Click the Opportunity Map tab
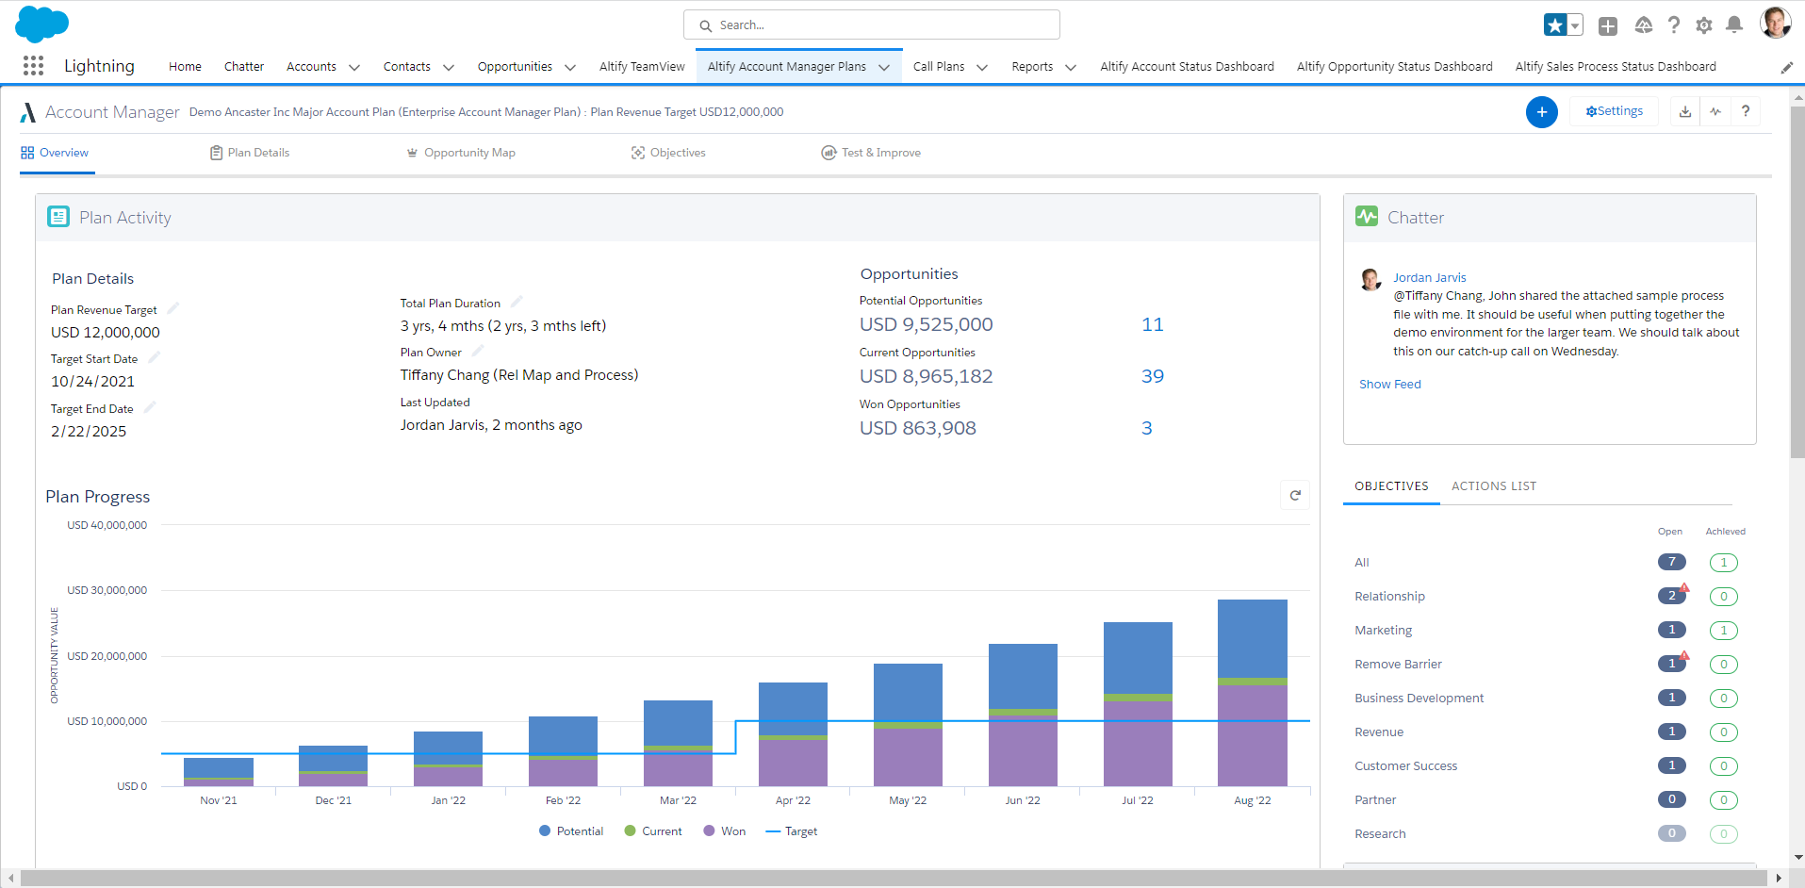coord(468,153)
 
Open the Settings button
coord(1614,111)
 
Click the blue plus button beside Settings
coord(1541,112)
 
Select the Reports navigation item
coord(1032,67)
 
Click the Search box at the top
coord(872,25)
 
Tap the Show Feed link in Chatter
coord(1389,385)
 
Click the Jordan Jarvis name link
coord(1429,277)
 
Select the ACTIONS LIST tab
coord(1493,486)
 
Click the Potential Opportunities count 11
coord(1152,324)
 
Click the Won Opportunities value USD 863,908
coord(917,428)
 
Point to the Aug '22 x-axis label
coord(1252,800)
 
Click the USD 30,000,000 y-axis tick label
coord(107,590)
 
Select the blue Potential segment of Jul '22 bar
coord(1138,657)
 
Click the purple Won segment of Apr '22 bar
coord(793,763)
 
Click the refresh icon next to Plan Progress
coord(1295,495)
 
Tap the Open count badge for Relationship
coord(1671,596)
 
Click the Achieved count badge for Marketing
coord(1723,631)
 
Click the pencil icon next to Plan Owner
coord(478,351)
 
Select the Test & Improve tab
coord(871,153)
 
